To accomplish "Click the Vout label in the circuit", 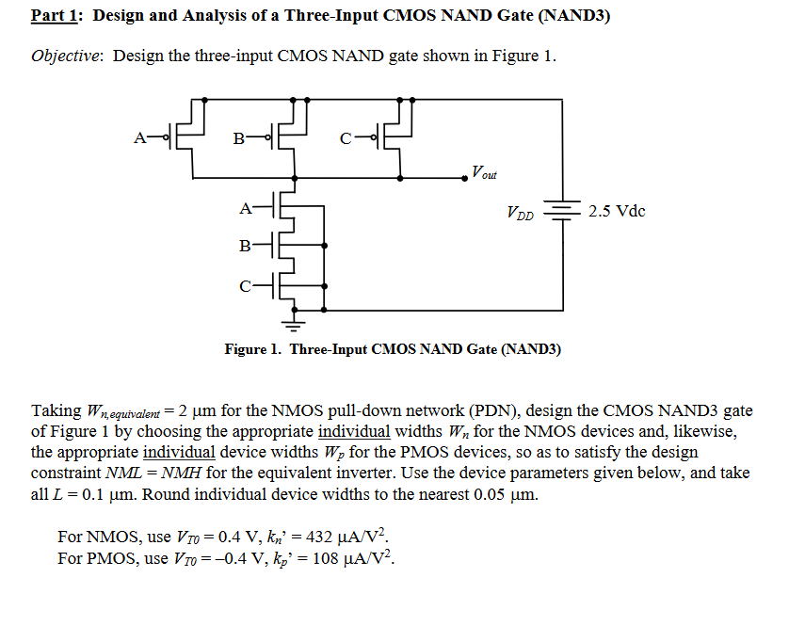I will coord(484,172).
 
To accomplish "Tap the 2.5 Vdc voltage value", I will coord(617,210).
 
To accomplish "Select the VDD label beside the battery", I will coord(520,214).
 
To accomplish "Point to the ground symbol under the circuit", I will coord(297,325).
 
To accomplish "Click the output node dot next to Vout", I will coord(466,177).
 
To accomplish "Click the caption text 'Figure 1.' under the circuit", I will coord(253,349).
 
